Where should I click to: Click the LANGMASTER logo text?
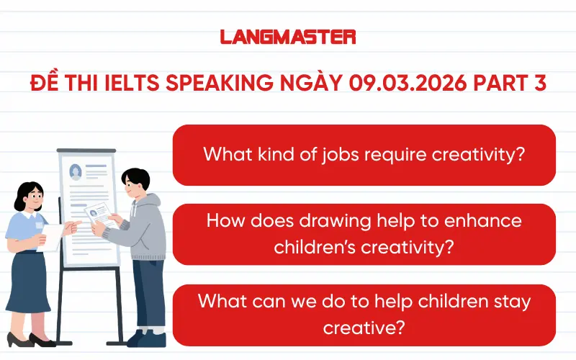[x=287, y=37]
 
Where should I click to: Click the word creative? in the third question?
[x=364, y=326]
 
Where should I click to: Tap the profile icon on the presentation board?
[x=75, y=171]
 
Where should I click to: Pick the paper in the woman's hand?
[x=53, y=234]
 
